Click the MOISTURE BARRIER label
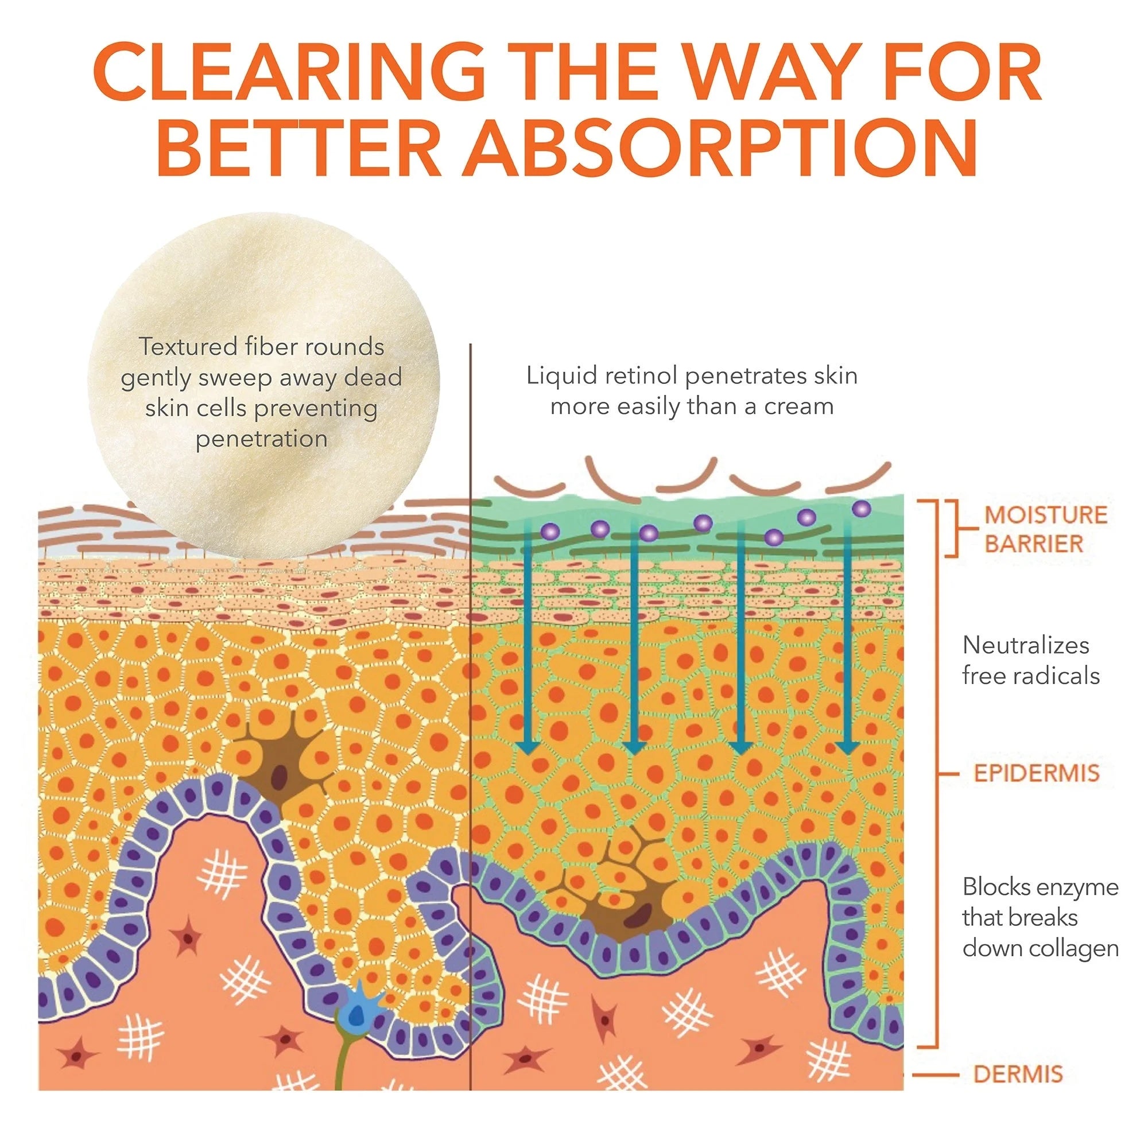(x=1045, y=529)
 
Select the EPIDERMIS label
(x=1036, y=773)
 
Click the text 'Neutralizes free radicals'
(x=1031, y=660)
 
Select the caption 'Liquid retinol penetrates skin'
(x=692, y=375)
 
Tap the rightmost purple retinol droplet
(x=861, y=509)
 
